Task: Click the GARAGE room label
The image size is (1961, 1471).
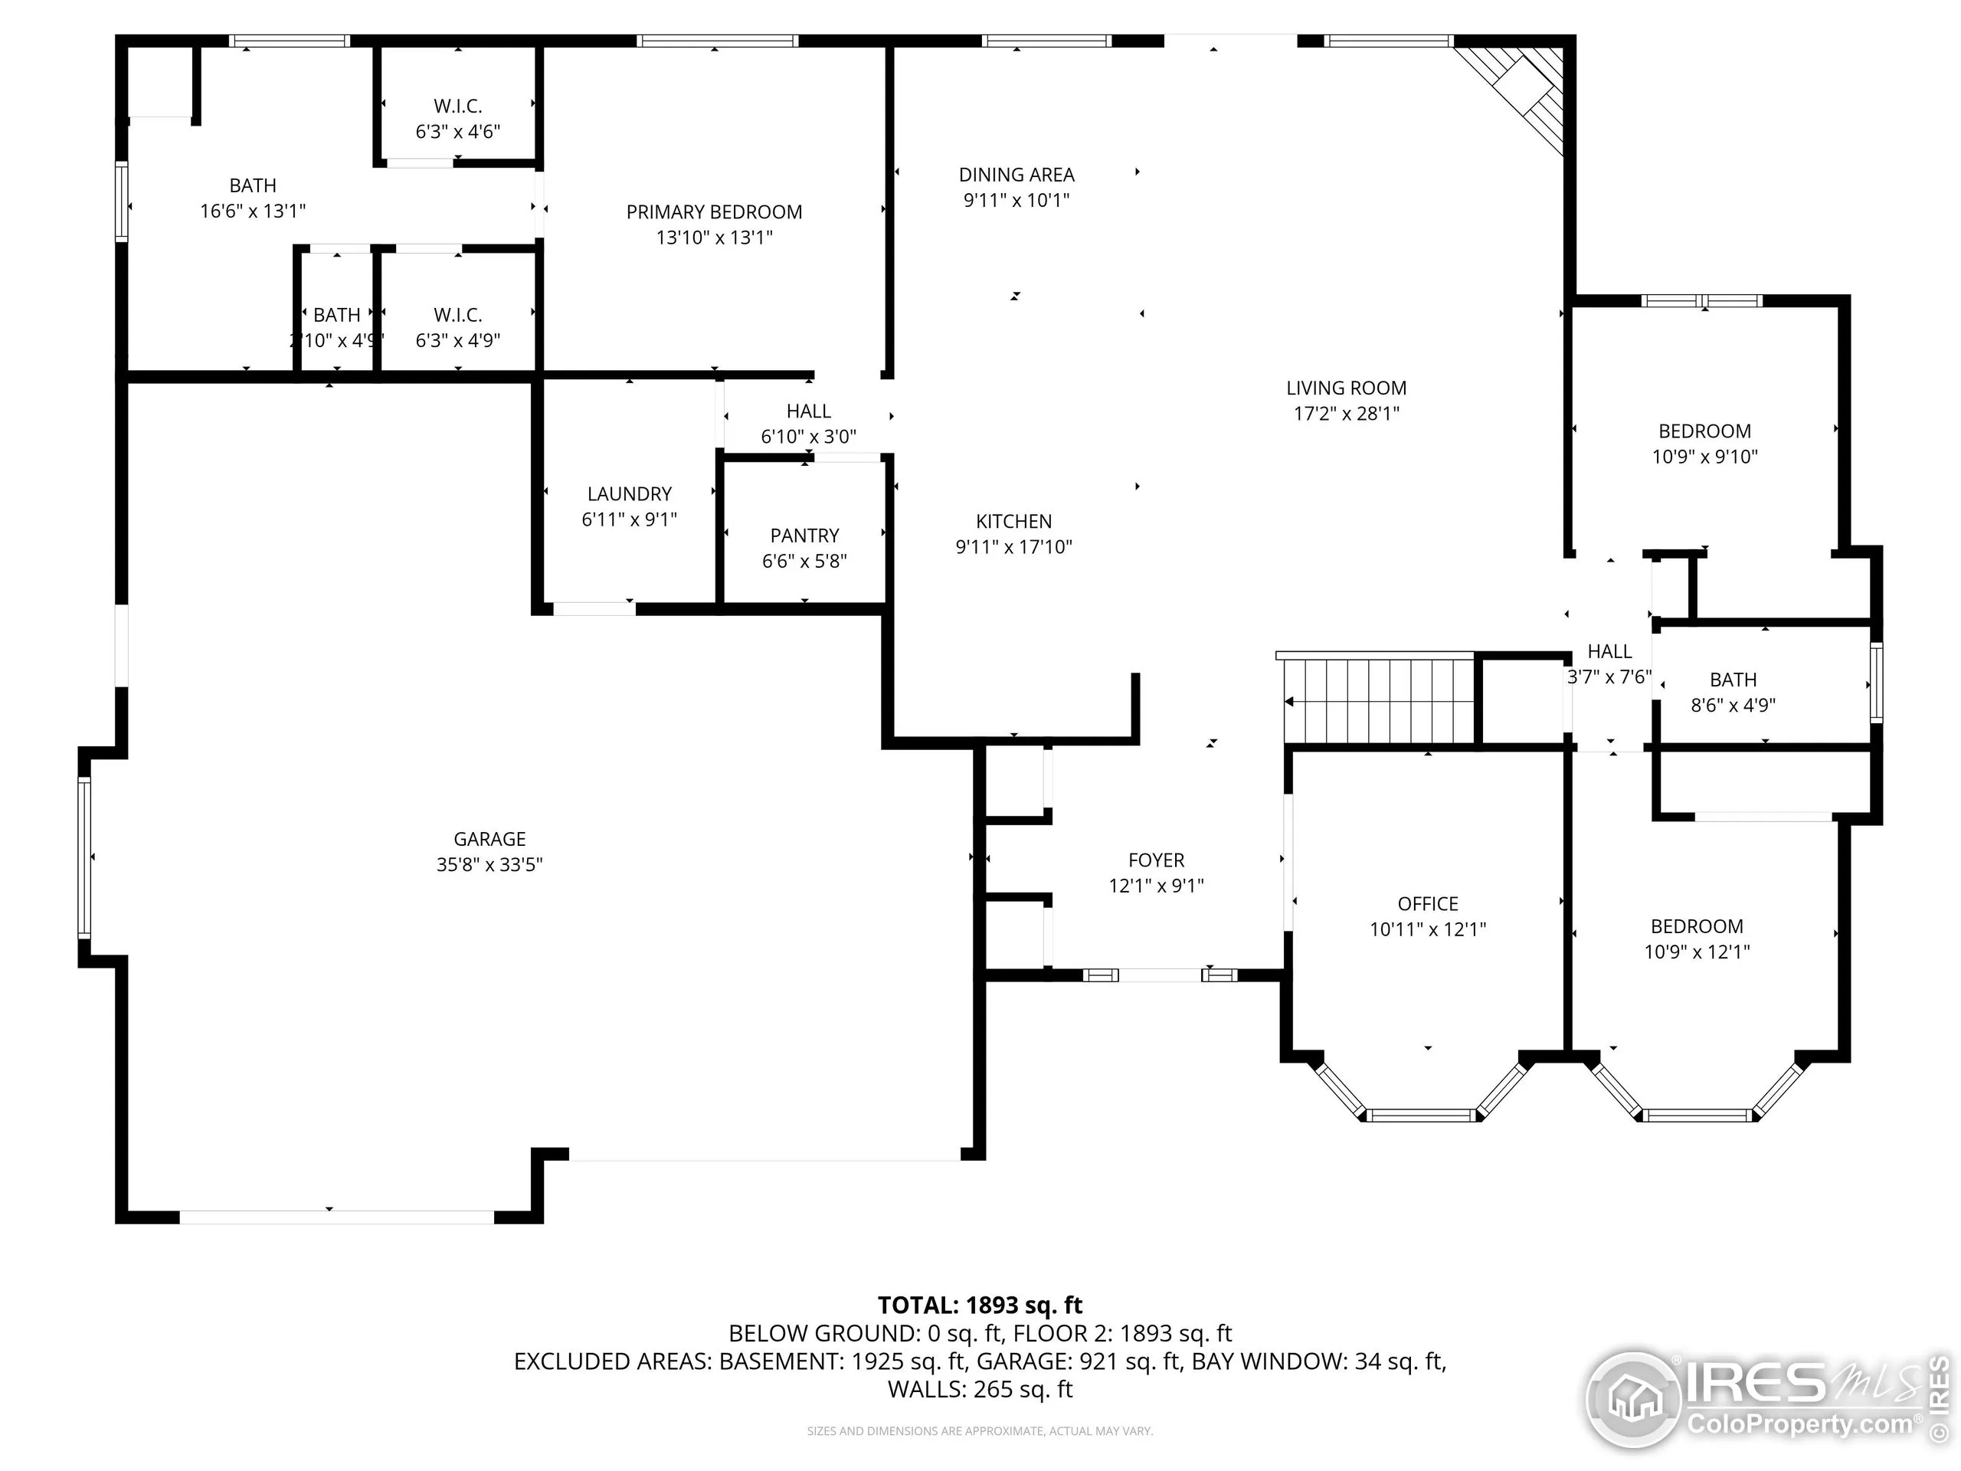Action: [x=489, y=839]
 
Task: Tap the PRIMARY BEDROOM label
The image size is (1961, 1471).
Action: [x=714, y=212]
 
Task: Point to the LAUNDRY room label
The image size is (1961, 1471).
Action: [x=630, y=494]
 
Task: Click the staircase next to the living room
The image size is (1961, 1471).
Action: [x=1379, y=700]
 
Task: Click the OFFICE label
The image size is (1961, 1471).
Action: [x=1427, y=903]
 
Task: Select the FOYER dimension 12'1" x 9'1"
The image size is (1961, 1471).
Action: [x=1156, y=886]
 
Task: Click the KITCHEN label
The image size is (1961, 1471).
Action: [x=1013, y=522]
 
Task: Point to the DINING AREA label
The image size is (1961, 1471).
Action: [x=1016, y=175]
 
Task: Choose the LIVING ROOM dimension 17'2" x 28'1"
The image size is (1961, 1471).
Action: [x=1346, y=413]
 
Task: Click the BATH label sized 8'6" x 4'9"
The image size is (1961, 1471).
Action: [x=1732, y=680]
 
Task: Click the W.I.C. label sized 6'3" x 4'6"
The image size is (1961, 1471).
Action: [x=457, y=106]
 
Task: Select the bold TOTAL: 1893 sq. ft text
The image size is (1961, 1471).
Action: [x=980, y=1306]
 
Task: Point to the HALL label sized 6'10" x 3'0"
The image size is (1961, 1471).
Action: [x=808, y=411]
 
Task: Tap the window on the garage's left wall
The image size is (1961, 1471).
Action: [x=85, y=857]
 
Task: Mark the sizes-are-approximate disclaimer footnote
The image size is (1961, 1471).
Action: [x=980, y=1431]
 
